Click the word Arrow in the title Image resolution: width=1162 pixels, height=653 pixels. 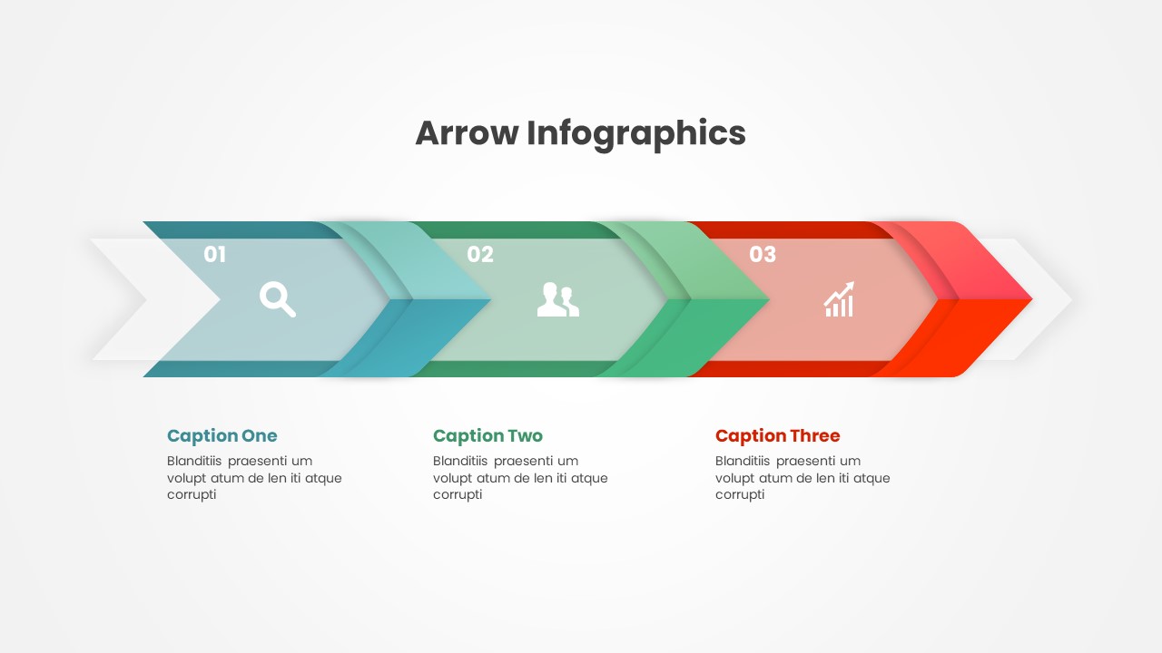(467, 132)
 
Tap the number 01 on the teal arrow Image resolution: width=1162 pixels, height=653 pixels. (215, 255)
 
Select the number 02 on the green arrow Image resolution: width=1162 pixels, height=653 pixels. (480, 255)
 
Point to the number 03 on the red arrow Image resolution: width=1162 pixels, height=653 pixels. (763, 255)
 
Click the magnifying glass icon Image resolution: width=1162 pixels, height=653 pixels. (278, 299)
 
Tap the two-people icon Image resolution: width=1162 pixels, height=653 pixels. (558, 299)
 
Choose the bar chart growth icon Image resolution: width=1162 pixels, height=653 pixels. (839, 299)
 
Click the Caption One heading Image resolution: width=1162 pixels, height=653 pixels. (222, 436)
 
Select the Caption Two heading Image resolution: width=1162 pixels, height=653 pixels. (487, 436)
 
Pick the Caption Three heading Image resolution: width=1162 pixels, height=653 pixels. (778, 436)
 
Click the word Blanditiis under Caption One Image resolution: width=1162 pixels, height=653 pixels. (194, 461)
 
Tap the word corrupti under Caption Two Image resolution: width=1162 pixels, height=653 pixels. (458, 495)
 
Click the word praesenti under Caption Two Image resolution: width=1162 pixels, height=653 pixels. (523, 462)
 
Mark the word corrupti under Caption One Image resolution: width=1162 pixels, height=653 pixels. (192, 495)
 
